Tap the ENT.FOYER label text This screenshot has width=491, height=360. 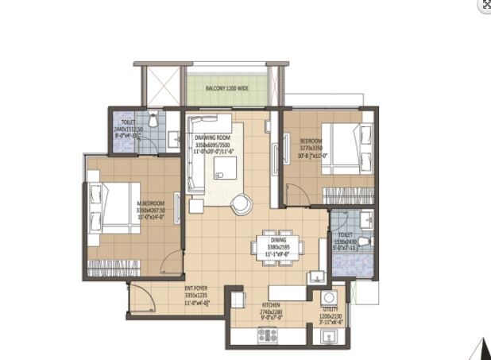(x=196, y=288)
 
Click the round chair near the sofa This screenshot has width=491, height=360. (x=240, y=204)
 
